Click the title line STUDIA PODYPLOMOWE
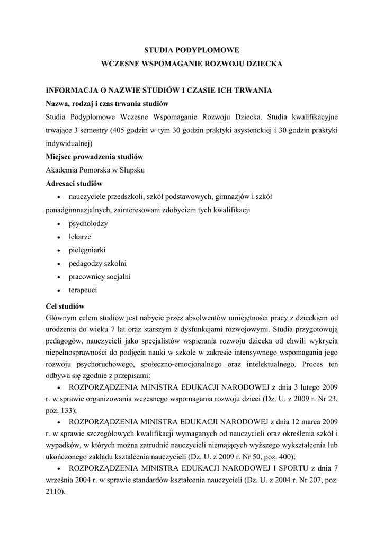click(192, 50)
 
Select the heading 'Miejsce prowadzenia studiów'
click(94, 157)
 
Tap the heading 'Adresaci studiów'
click(74, 184)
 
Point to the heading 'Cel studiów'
click(65, 306)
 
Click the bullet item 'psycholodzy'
click(88, 223)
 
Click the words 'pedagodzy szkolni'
click(97, 263)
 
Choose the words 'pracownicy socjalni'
click(100, 276)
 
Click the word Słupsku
click(131, 170)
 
